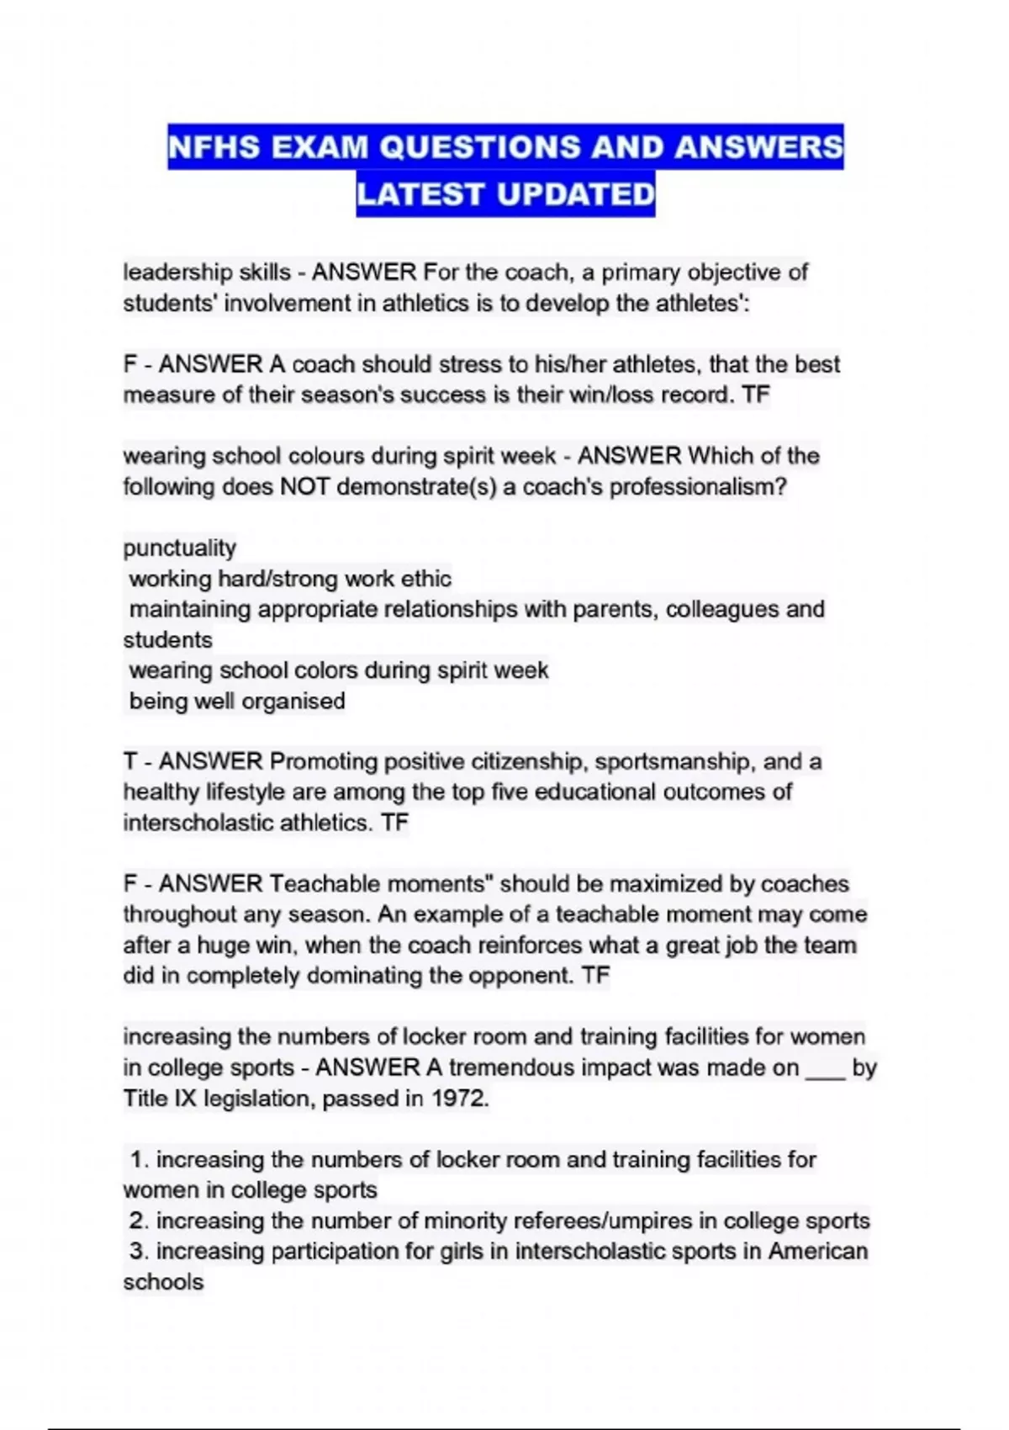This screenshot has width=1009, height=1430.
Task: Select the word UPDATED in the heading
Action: pos(575,194)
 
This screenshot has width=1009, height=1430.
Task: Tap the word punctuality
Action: pos(179,548)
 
